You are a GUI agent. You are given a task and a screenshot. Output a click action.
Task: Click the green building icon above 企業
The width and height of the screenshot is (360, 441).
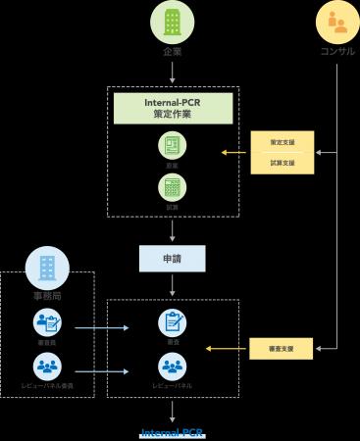(173, 21)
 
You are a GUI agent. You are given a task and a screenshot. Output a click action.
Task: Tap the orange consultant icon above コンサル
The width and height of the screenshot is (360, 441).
(337, 21)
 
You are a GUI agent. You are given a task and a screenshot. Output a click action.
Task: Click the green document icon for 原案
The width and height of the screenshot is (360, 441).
(173, 145)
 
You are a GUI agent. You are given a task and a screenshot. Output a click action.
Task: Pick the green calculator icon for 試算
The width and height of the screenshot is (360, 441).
(173, 187)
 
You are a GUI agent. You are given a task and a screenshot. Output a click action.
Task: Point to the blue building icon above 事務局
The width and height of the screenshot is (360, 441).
(48, 267)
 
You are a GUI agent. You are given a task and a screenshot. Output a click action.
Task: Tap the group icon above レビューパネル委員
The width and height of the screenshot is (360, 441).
(48, 366)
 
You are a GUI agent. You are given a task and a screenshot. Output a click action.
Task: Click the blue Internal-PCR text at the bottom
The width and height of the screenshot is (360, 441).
(173, 432)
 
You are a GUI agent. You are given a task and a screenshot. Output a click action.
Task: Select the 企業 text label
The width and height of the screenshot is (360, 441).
(173, 50)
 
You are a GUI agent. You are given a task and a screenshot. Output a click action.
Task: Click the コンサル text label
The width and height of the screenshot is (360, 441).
(337, 50)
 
